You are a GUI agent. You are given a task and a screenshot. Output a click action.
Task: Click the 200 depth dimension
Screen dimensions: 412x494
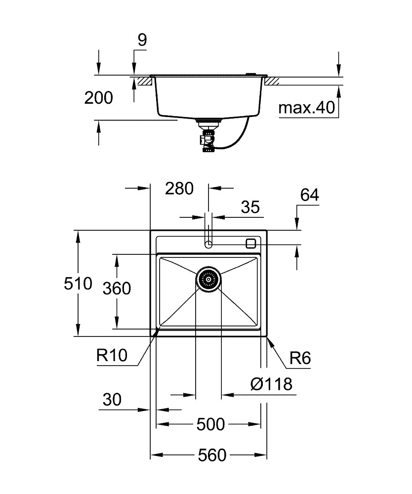[98, 98]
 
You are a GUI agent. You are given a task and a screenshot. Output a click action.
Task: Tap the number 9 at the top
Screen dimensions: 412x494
[142, 40]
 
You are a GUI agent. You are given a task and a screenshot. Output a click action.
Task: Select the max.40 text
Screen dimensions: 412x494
[306, 108]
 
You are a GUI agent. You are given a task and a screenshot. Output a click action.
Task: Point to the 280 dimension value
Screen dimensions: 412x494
[179, 188]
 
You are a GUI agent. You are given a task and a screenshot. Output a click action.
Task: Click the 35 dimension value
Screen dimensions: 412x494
[250, 207]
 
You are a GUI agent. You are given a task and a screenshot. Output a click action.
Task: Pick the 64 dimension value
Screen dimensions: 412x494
[309, 195]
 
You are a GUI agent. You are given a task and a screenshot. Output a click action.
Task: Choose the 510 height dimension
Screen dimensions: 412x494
[78, 283]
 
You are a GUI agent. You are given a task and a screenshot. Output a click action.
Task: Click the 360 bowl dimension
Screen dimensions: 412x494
[117, 288]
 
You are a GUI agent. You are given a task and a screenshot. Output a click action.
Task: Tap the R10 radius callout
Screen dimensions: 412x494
[112, 356]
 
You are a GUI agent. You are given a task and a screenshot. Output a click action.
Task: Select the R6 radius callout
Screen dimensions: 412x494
[300, 358]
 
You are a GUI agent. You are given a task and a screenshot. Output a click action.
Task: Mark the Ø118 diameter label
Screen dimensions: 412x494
[271, 384]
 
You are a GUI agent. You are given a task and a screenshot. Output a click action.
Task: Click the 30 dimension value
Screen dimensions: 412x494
[112, 400]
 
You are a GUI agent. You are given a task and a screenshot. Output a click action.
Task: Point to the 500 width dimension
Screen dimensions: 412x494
[210, 424]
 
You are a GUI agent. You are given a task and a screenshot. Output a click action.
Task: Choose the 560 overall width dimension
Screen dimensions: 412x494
[212, 455]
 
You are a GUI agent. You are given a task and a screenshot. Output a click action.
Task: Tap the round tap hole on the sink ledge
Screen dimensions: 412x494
[208, 244]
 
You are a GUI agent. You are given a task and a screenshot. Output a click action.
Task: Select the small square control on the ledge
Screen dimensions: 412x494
[251, 243]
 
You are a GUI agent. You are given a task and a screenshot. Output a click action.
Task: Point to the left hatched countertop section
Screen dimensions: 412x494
[146, 81]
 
